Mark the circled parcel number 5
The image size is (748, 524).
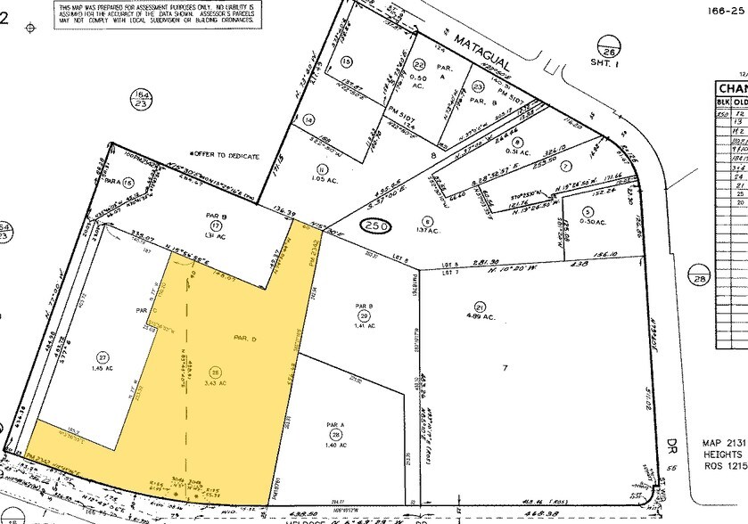click(x=587, y=211)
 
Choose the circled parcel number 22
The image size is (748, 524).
click(x=419, y=64)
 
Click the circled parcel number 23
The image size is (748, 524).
click(x=478, y=86)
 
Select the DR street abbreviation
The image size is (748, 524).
click(x=672, y=443)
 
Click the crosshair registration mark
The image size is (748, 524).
click(x=31, y=28)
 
